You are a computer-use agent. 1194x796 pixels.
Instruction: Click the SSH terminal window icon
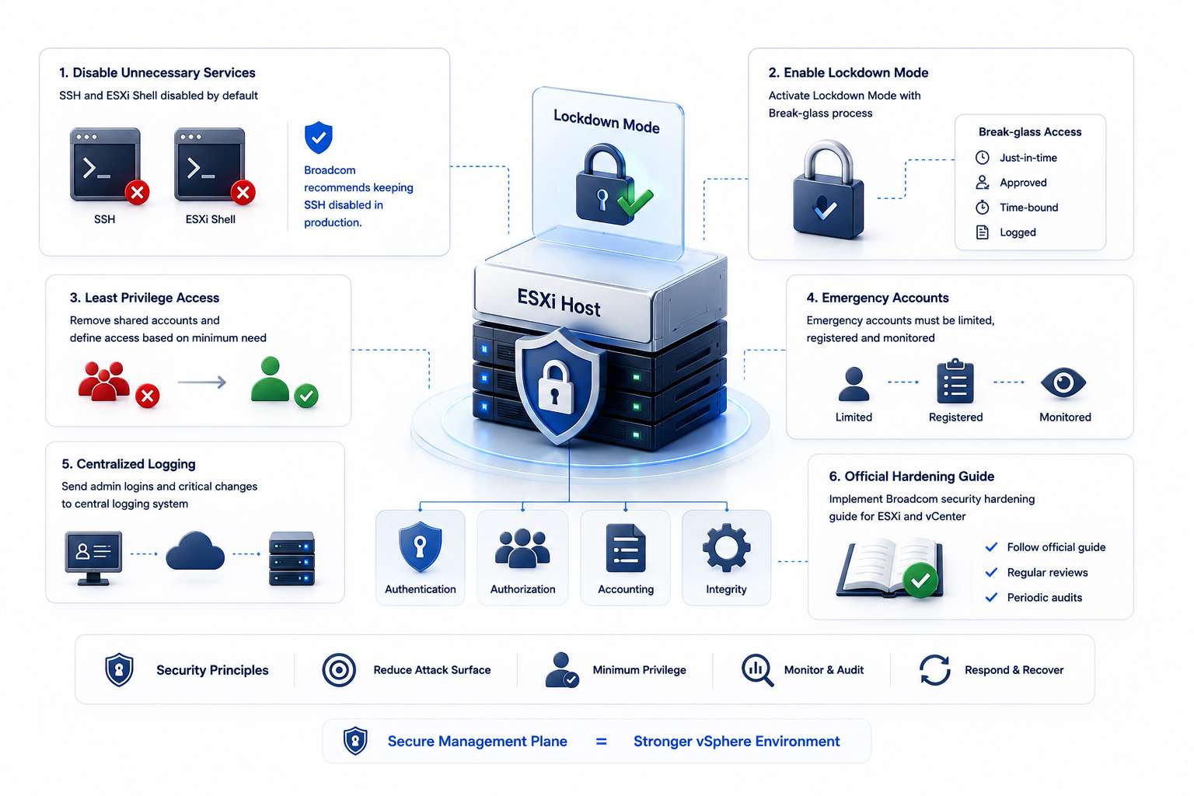[106, 164]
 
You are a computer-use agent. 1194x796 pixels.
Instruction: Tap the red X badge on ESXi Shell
[243, 193]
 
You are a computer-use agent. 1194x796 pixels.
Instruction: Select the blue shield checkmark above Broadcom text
[319, 138]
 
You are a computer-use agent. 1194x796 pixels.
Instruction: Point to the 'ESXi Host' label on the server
[559, 302]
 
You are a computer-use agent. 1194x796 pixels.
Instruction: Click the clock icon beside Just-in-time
[983, 158]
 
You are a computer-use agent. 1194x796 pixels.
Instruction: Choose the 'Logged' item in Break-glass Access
[1018, 232]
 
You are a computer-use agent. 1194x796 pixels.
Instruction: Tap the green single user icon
[271, 379]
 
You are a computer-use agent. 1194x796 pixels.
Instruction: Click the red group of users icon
[104, 381]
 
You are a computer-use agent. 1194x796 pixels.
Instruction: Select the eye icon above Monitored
[1063, 383]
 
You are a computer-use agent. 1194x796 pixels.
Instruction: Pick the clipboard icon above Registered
[955, 381]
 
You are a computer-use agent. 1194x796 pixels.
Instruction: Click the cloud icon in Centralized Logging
[195, 551]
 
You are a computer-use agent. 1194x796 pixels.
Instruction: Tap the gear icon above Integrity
[727, 548]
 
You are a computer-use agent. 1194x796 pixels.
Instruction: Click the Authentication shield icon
[421, 547]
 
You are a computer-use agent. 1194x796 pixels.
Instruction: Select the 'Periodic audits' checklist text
[1044, 598]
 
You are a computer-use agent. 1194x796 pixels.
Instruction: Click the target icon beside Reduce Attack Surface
[339, 669]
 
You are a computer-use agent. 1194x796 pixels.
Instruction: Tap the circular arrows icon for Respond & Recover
[935, 669]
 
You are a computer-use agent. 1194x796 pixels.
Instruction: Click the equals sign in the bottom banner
[601, 742]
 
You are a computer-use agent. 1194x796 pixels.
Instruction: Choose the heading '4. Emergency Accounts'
[878, 298]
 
